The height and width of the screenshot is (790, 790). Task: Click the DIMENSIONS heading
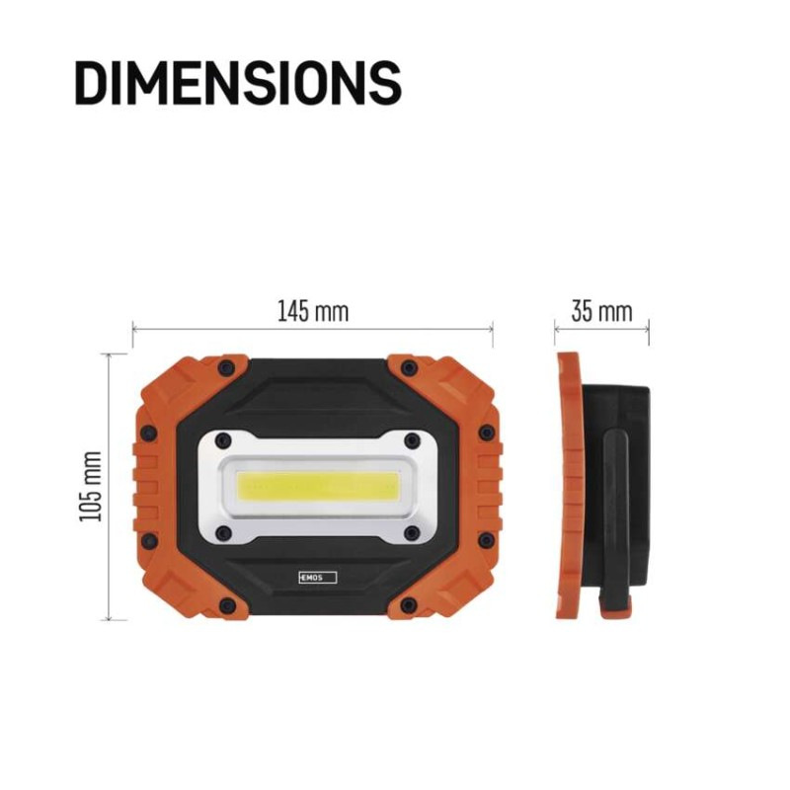(x=238, y=83)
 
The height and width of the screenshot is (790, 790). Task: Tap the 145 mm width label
(x=312, y=312)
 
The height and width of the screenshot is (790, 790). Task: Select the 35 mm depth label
(x=601, y=312)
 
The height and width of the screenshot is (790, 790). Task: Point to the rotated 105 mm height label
(x=93, y=486)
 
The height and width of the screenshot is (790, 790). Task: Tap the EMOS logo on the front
(x=317, y=576)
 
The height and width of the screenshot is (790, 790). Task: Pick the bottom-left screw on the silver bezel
(x=223, y=533)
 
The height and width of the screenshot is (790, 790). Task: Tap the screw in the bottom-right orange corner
(x=407, y=604)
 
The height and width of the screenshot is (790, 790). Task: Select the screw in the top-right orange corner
(x=407, y=368)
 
